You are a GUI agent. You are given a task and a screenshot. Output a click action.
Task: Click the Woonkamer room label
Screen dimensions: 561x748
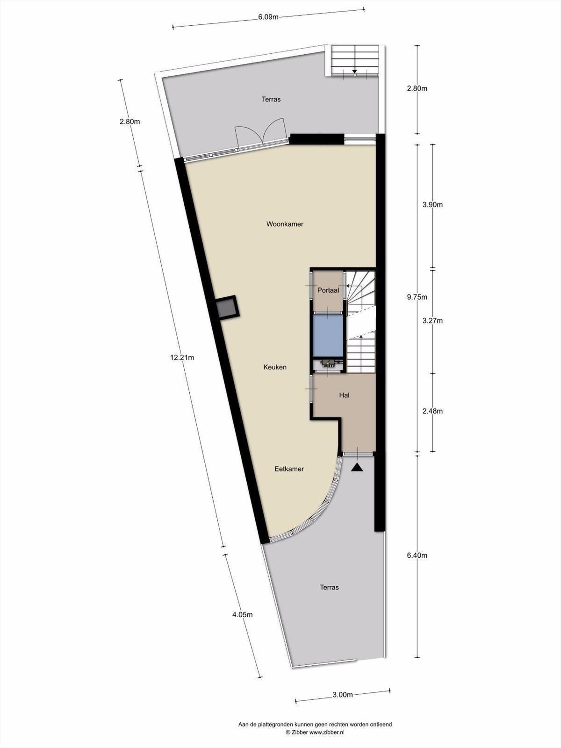285,224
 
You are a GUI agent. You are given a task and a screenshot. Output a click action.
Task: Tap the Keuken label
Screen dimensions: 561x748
275,367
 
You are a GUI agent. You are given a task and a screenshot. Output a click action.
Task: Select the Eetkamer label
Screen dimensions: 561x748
289,469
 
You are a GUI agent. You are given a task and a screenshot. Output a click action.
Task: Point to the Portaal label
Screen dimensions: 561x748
328,290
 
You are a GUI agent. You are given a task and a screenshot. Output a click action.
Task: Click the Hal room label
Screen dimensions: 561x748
345,396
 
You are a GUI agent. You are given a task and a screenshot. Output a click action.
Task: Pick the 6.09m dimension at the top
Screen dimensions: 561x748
268,17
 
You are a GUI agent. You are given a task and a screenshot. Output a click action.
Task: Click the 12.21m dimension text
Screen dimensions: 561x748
182,358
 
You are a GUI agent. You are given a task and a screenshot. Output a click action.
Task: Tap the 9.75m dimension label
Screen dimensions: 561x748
417,297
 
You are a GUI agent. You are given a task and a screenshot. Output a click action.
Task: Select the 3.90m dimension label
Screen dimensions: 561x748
432,205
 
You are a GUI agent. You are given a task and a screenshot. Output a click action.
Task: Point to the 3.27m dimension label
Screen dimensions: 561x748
432,321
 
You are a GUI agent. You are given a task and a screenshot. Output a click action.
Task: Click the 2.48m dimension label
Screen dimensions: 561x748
432,411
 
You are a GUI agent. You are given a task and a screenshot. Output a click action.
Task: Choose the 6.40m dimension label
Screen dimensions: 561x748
417,555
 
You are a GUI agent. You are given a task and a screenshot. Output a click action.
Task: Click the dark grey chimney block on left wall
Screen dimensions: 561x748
227,308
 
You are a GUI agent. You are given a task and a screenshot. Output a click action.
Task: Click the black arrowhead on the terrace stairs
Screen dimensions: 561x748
354,71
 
